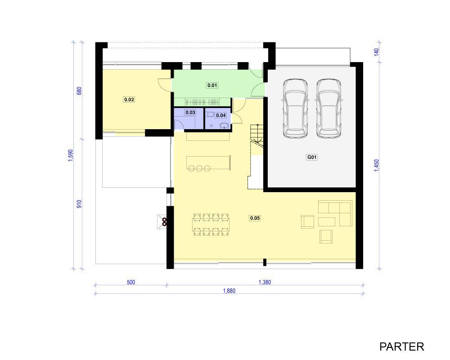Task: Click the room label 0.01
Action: pos(212,85)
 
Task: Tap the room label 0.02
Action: pos(129,99)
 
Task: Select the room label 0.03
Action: pos(190,112)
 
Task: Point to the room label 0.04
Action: pos(221,115)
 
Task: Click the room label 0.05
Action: pos(255,218)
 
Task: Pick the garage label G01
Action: pos(312,157)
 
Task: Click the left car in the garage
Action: pos(295,108)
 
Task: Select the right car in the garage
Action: pos(329,108)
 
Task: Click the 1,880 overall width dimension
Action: pos(229,291)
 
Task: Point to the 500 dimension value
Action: pos(131,282)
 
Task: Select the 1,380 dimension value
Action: pos(265,282)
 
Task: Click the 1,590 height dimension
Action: pos(71,155)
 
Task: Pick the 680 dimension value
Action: pos(79,91)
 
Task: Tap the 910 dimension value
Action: pos(79,204)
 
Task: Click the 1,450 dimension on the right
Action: pos(377,166)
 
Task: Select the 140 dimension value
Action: pos(377,52)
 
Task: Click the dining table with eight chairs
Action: pos(211,225)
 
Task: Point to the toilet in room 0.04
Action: pos(210,115)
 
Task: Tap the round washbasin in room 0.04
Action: pos(224,126)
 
